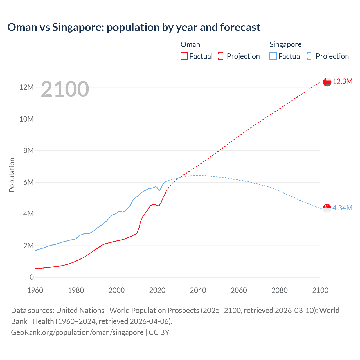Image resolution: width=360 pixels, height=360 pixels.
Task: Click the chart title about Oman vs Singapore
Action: (134, 27)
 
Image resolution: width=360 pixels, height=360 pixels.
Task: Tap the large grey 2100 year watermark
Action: (65, 89)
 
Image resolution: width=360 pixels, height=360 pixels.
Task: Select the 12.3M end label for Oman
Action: (343, 82)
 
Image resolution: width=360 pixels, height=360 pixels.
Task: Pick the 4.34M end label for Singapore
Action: (342, 208)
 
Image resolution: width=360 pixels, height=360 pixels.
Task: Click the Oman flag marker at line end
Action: (327, 82)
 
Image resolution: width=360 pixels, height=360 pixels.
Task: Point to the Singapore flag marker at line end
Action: (327, 208)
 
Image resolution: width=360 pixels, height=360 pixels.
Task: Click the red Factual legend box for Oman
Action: (184, 56)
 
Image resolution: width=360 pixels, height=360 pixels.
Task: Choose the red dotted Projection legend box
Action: (222, 56)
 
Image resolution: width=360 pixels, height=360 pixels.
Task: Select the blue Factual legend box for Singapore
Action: (273, 56)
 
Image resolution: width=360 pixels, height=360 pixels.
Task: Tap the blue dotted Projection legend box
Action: (310, 56)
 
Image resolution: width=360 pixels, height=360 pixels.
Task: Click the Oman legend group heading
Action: (190, 44)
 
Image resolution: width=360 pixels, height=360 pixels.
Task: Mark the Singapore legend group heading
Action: (285, 44)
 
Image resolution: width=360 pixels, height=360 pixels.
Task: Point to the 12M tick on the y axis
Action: (26, 87)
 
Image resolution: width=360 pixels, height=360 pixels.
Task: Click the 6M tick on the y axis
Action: (28, 183)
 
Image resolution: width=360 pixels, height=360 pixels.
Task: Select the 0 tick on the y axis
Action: (31, 277)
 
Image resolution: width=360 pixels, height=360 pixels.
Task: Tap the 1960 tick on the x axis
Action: (35, 291)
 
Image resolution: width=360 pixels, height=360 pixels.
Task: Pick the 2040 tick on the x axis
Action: (198, 291)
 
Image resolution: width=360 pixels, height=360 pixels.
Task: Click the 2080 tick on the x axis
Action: (280, 291)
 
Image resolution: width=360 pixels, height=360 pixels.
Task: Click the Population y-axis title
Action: (12, 175)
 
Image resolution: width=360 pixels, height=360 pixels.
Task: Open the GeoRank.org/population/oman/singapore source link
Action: (77, 332)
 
